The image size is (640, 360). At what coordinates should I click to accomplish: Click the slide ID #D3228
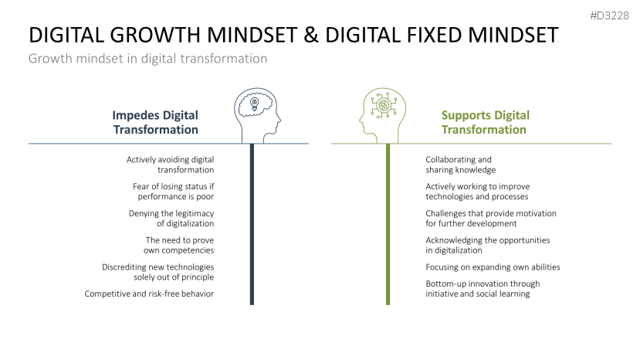[609, 16]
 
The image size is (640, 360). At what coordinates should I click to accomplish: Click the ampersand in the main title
[311, 35]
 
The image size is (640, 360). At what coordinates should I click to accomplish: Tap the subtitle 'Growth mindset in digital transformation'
[147, 59]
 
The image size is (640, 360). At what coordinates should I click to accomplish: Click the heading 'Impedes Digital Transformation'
[155, 122]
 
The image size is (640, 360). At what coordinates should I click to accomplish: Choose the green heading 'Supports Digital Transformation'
[486, 122]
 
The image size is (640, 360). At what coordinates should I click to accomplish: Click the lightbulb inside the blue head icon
[255, 104]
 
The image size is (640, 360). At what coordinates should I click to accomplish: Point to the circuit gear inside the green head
[383, 105]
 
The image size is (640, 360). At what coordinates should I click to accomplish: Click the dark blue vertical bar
[252, 224]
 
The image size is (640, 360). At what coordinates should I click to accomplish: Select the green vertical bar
[388, 224]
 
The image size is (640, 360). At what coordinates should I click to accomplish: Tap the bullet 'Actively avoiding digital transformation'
[170, 165]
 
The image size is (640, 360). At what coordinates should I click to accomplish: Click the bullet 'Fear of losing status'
[173, 192]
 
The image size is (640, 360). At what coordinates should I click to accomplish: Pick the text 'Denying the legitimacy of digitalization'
[171, 218]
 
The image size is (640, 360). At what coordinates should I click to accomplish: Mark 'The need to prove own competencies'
[179, 245]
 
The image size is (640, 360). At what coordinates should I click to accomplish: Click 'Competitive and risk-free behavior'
[149, 294]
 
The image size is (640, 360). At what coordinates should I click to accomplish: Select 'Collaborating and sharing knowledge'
[460, 165]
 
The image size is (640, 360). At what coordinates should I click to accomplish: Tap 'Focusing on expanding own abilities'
[493, 267]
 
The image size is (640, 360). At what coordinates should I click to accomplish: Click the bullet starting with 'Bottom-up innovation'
[483, 288]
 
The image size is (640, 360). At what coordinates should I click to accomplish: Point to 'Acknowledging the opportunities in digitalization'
[487, 245]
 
